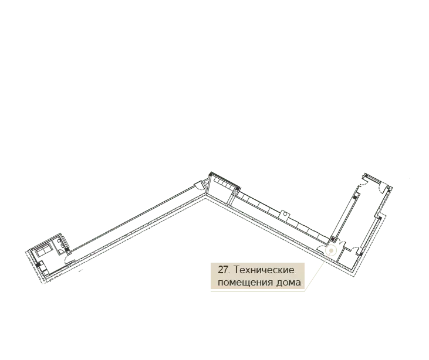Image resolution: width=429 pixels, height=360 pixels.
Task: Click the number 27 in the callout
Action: point(222,270)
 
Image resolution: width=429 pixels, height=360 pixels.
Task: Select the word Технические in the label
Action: point(264,270)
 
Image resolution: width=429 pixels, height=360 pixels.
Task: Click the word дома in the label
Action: point(288,283)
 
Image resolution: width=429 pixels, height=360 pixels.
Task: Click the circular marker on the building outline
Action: point(331,251)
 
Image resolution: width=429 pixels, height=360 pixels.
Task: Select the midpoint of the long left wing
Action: point(135,226)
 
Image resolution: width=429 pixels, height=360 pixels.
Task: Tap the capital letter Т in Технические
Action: point(237,270)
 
